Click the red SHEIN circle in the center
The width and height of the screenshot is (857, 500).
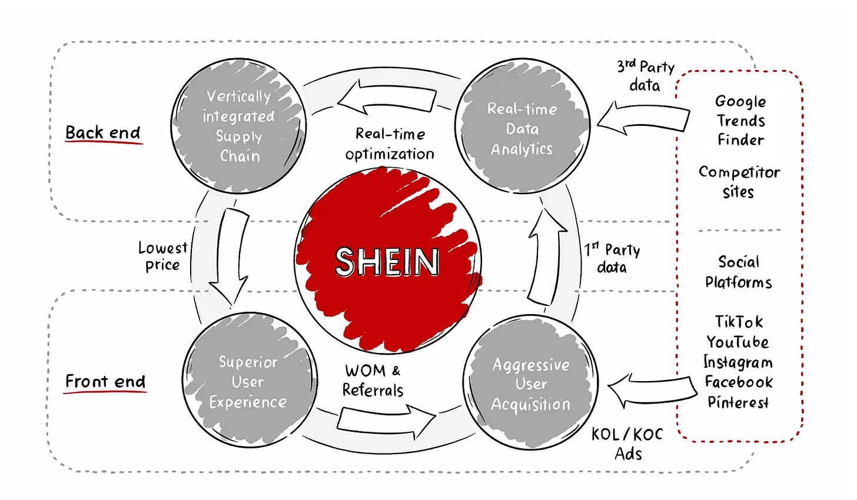click(x=388, y=261)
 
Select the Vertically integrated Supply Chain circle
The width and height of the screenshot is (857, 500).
click(x=239, y=126)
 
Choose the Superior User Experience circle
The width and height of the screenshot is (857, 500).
click(x=249, y=381)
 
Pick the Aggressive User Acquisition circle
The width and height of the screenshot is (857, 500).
click(x=530, y=384)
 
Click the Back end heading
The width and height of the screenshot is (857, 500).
click(x=103, y=133)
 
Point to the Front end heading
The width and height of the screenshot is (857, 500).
click(x=105, y=382)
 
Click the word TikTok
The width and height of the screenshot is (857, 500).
click(x=739, y=322)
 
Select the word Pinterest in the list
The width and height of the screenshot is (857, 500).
click(x=738, y=402)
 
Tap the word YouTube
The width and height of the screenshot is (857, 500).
click(x=738, y=342)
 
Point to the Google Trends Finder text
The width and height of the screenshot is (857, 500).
click(x=740, y=121)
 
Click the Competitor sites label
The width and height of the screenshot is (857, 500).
click(x=739, y=182)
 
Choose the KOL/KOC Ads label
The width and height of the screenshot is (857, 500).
click(x=627, y=444)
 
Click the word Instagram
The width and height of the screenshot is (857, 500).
click(x=738, y=362)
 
